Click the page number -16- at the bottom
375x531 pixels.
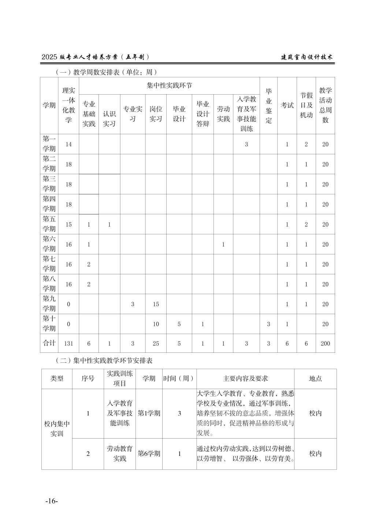[52, 501]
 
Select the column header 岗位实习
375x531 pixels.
[156, 114]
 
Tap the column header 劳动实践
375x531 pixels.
[223, 114]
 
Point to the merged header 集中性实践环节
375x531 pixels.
[169, 85]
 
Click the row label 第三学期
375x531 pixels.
[49, 184]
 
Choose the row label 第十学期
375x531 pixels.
[49, 323]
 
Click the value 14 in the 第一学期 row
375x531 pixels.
[68, 144]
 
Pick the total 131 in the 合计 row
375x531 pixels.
[68, 344]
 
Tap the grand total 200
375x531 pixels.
[325, 344]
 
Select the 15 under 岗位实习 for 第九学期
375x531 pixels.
[156, 304]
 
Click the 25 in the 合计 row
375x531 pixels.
[156, 344]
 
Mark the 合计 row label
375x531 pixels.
[49, 343]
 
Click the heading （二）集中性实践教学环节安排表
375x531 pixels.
[104, 360]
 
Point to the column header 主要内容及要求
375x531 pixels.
[245, 378]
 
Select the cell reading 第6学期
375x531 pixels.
[149, 454]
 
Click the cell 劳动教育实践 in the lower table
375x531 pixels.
[120, 454]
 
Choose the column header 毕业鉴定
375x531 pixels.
[268, 106]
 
